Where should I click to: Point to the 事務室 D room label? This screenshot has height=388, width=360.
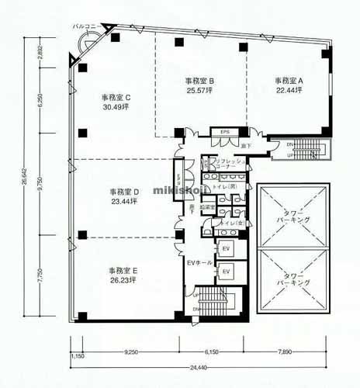click(123, 192)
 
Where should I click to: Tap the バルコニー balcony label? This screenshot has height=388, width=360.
click(84, 26)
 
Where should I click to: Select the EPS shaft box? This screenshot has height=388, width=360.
click(225, 132)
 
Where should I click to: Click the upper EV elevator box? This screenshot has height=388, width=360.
click(227, 248)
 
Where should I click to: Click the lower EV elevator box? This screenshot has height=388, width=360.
click(227, 272)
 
